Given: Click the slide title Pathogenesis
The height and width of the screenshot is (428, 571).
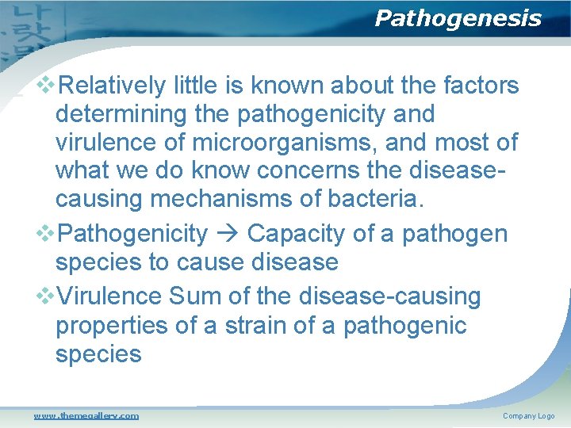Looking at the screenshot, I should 458,18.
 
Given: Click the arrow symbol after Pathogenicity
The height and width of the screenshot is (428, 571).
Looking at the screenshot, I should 227,234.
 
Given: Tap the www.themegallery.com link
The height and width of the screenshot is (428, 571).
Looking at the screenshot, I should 86,416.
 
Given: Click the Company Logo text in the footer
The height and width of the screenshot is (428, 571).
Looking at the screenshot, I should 528,416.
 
